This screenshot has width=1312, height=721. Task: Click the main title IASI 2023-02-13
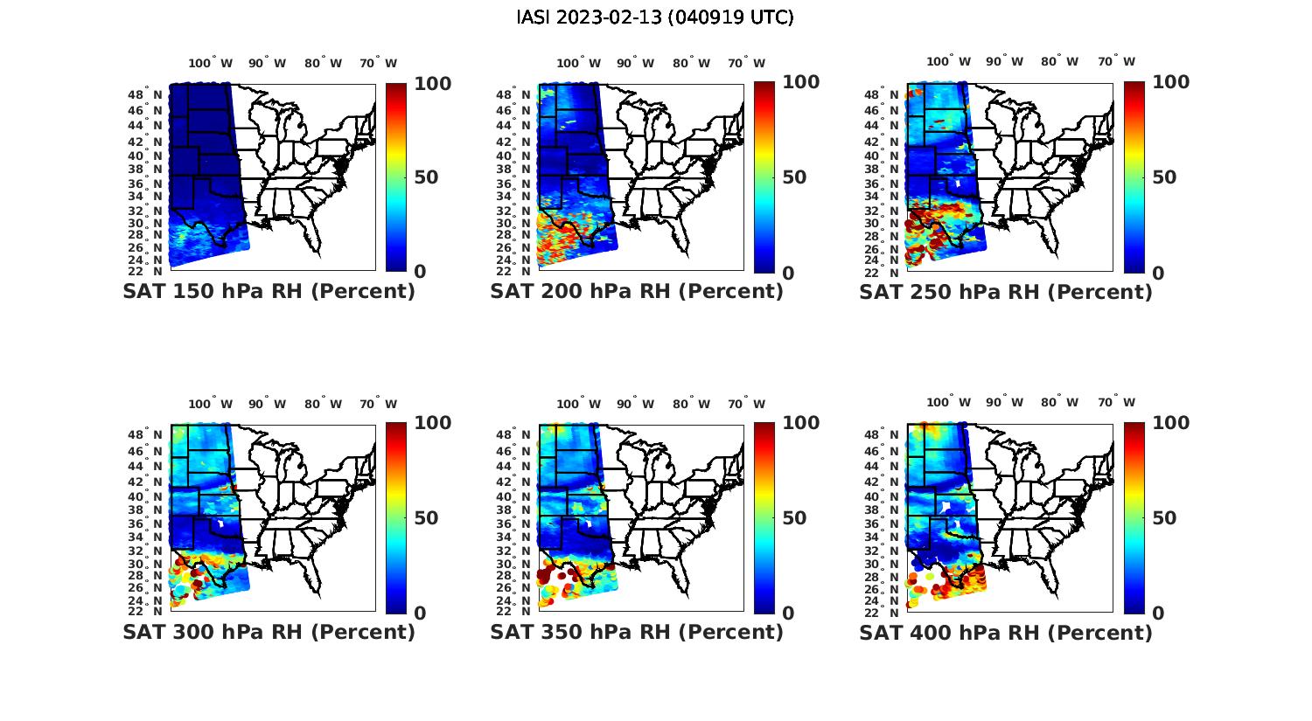pyautogui.click(x=655, y=17)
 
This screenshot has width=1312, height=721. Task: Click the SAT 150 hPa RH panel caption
pyautogui.click(x=269, y=292)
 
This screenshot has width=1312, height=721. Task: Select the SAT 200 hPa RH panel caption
pyautogui.click(x=636, y=292)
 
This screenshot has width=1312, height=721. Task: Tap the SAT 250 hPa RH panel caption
pyautogui.click(x=1005, y=292)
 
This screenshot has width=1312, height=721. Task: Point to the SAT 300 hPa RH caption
pyautogui.click(x=269, y=632)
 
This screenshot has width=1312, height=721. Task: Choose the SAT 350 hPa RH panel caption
pyautogui.click(x=636, y=632)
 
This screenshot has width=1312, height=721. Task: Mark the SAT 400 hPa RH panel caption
pyautogui.click(x=1005, y=632)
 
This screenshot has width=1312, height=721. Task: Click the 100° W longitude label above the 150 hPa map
pyautogui.click(x=210, y=63)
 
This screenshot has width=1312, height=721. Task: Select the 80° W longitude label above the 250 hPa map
pyautogui.click(x=1059, y=61)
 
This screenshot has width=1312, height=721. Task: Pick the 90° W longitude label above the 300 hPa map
pyautogui.click(x=267, y=404)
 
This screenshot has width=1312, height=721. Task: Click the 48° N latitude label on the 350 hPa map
pyautogui.click(x=513, y=435)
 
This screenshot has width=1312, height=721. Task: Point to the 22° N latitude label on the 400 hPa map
pyautogui.click(x=883, y=611)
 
